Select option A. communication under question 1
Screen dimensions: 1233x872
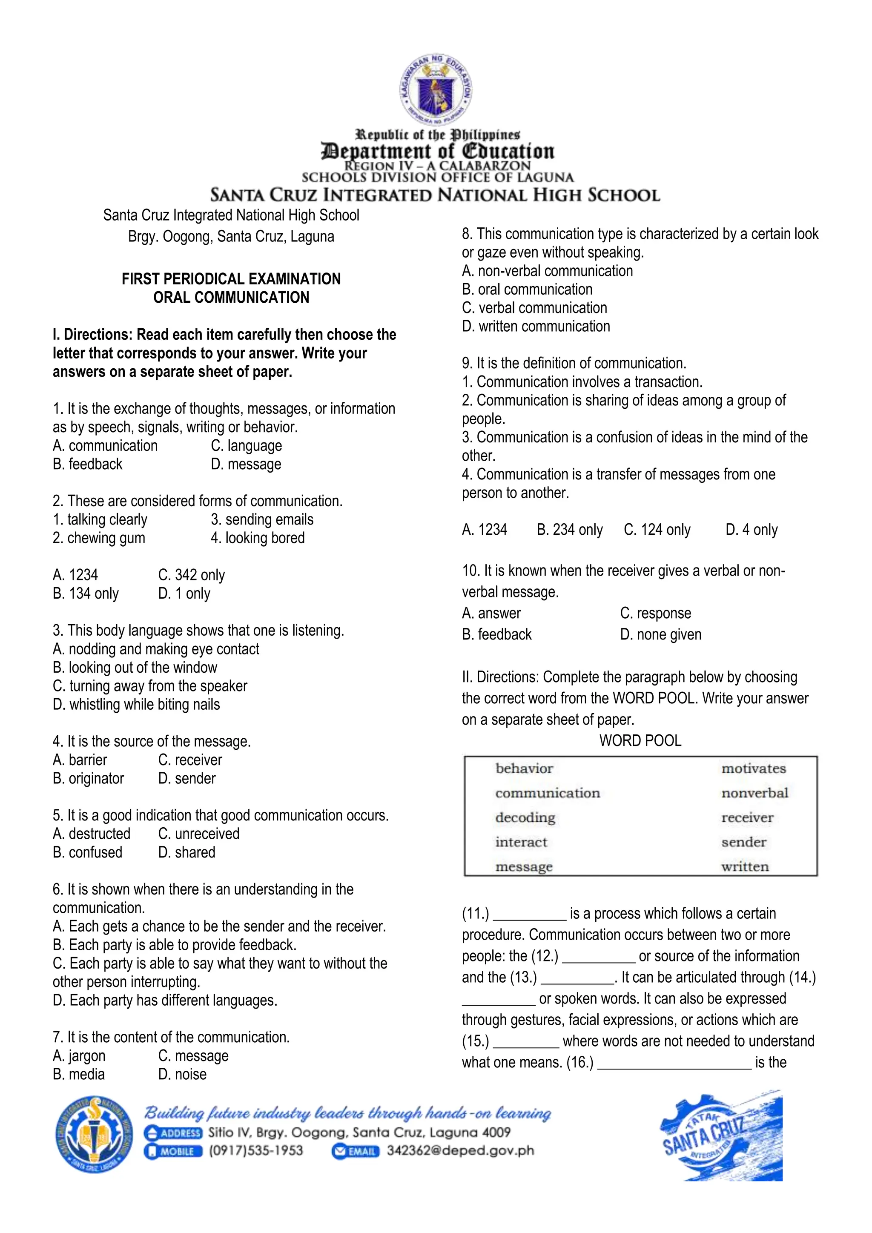pos(105,446)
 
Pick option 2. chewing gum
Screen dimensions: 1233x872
pos(99,538)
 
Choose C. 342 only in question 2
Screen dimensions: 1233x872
pos(191,575)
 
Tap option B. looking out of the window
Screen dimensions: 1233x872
pos(135,668)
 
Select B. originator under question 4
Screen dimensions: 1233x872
pos(89,779)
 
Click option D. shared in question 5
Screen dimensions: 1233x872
pos(186,852)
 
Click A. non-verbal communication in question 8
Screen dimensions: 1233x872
pos(547,271)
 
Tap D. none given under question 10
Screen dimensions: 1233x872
pos(660,635)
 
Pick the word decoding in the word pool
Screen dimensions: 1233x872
pos(525,817)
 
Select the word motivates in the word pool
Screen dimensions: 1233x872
pos(753,768)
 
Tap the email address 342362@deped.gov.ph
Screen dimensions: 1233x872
pos(460,1151)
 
